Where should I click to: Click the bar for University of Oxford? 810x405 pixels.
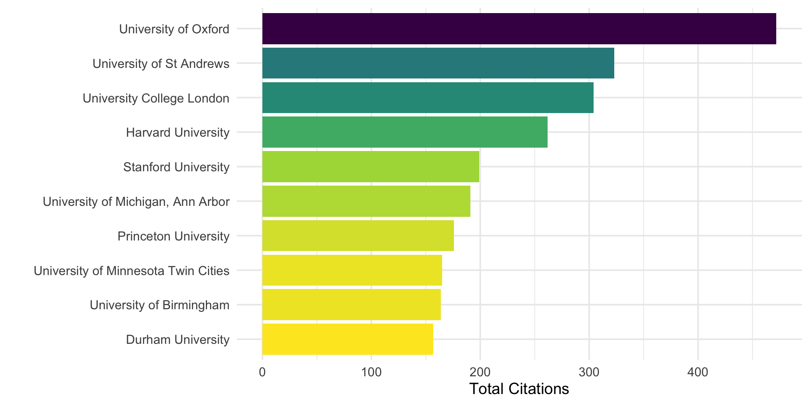pos(519,29)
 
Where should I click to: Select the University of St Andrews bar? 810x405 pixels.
pos(438,63)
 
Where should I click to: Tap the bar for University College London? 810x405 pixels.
pos(428,98)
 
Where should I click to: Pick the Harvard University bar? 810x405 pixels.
pos(405,132)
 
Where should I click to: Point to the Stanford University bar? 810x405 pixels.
pos(370,167)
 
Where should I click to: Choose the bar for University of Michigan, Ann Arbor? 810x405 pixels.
pos(366,201)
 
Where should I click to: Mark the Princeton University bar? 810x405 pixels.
pos(358,236)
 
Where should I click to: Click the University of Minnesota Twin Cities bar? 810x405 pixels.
pos(352,270)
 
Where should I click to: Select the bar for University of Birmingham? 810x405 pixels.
pos(351,305)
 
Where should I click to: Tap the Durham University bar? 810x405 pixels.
pos(348,339)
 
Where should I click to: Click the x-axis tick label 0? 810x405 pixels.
pos(262,372)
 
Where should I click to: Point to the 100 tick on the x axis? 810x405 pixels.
pos(371,372)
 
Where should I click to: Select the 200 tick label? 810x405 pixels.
pos(480,372)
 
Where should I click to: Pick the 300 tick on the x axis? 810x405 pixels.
pos(589,372)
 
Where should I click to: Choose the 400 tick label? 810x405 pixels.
pos(698,372)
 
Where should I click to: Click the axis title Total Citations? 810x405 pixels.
pos(519,389)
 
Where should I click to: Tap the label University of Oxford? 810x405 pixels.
pos(174,29)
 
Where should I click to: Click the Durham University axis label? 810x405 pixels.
pos(178,340)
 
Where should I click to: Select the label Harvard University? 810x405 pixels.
pos(178,133)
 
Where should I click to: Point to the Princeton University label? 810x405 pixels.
pos(173,236)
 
